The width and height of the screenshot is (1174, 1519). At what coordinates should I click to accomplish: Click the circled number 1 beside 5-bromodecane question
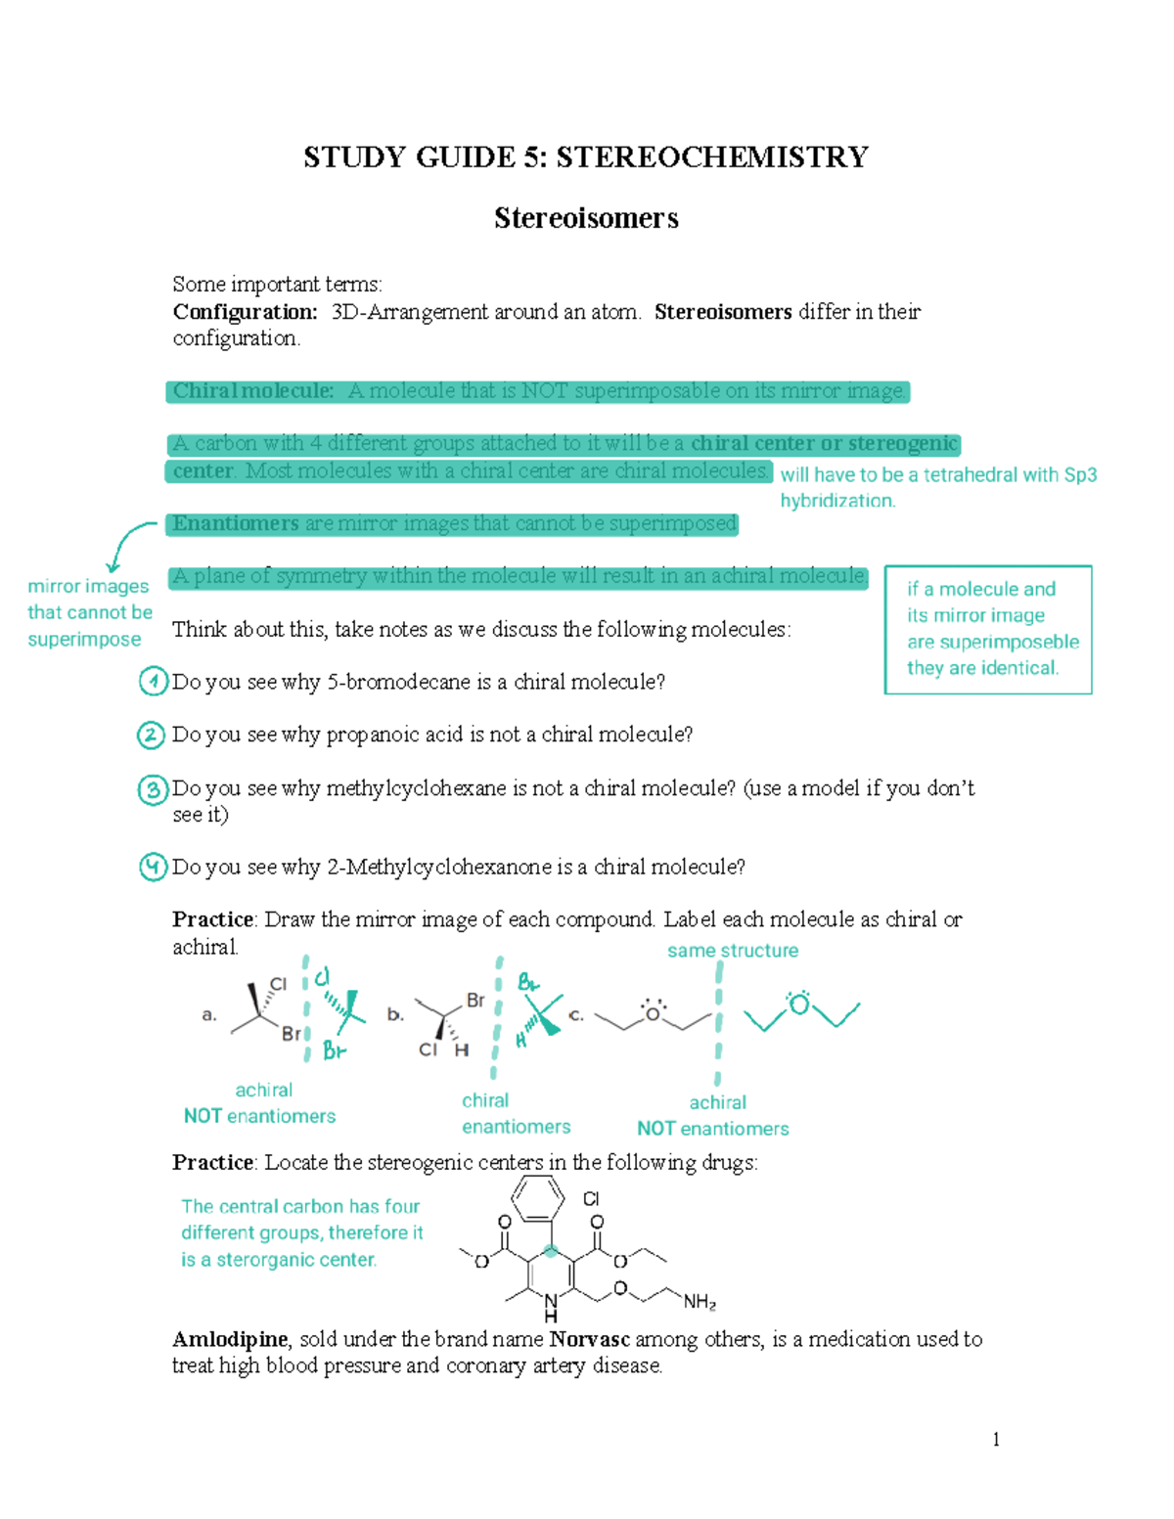[153, 681]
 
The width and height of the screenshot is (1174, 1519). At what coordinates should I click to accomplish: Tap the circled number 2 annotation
[151, 735]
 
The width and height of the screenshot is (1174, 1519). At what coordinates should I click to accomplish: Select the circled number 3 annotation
[153, 788]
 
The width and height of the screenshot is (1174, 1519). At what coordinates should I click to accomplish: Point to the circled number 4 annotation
[153, 867]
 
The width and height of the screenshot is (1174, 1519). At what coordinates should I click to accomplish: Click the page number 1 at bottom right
[996, 1439]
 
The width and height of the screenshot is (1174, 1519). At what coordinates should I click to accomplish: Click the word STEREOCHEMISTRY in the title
[712, 157]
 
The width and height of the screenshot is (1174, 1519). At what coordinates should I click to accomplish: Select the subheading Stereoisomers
[586, 218]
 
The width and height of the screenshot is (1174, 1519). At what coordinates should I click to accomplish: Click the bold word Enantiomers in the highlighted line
[236, 523]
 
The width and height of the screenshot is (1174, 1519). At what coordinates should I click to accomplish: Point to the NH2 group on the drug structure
[700, 1302]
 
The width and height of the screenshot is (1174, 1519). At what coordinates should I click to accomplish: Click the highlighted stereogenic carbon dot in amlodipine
[552, 1250]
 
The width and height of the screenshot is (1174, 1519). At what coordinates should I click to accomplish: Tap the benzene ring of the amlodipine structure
[539, 1198]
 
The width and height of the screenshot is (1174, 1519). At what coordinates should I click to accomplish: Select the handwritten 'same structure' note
[733, 951]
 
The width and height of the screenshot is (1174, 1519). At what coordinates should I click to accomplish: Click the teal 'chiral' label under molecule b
[485, 1100]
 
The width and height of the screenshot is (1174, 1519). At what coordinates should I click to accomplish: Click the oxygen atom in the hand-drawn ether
[800, 1005]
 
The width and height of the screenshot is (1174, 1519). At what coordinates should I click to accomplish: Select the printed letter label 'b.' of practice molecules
[395, 1014]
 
